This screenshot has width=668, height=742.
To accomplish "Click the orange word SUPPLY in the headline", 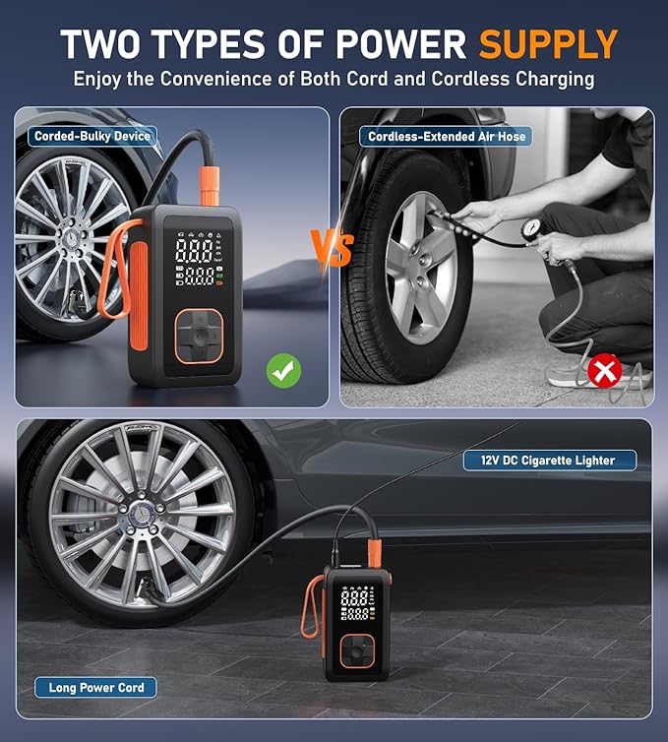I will coord(548,44).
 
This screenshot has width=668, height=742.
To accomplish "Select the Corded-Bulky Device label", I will coord(91,136).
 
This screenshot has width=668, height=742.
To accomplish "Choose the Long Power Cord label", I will coord(96,687).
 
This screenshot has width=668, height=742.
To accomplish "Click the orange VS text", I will coord(332,249).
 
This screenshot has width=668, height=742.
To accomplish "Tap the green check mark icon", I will coord(283,370).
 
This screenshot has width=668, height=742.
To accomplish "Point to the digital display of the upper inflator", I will coord(197,258).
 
